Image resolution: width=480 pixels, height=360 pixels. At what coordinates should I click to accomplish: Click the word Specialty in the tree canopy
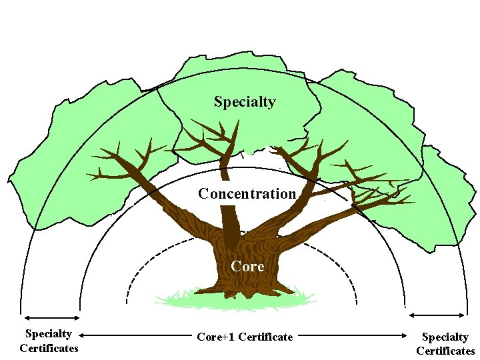(x=245, y=102)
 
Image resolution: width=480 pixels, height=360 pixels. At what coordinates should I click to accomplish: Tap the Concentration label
(x=247, y=194)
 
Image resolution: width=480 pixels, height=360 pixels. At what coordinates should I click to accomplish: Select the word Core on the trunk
(x=247, y=267)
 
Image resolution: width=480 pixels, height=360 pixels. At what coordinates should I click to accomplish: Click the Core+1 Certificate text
(x=245, y=337)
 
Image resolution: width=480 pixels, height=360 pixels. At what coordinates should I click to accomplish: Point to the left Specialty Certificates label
(x=49, y=341)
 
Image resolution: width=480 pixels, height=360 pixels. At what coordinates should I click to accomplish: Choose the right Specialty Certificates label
(x=445, y=344)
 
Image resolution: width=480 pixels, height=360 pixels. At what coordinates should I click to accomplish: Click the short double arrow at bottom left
(x=50, y=319)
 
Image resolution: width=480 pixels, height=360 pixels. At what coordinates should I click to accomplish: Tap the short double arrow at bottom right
(x=437, y=315)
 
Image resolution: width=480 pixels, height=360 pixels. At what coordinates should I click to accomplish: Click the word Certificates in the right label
(x=445, y=351)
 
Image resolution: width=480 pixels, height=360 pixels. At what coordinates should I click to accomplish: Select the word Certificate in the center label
(x=267, y=337)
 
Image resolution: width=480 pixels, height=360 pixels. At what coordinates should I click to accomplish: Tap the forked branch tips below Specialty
(x=213, y=133)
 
